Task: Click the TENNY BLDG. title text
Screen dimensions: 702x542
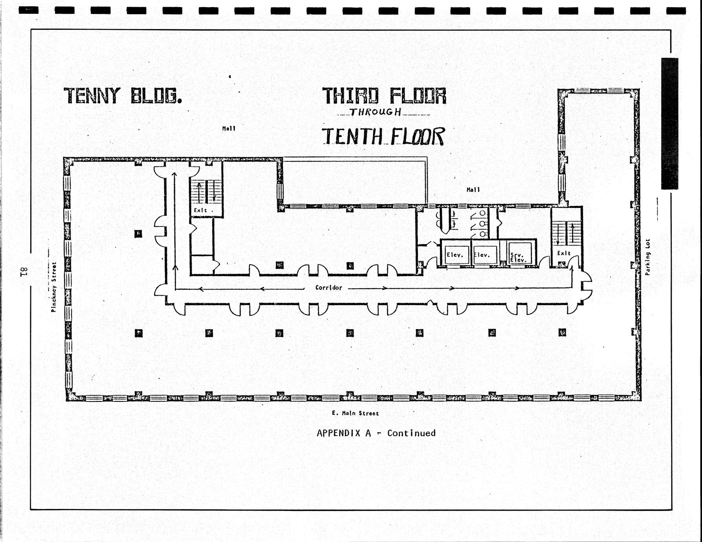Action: point(123,95)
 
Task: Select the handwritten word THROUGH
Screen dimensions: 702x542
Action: point(376,112)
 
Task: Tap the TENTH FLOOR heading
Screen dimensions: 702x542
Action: point(383,136)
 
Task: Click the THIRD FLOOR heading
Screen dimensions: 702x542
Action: point(384,95)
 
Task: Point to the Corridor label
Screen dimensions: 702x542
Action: point(329,287)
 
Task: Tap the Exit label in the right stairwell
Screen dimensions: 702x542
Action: point(564,253)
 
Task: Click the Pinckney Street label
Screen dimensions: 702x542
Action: point(54,287)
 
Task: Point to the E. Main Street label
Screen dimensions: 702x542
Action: point(355,413)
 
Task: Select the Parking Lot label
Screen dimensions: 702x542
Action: point(647,257)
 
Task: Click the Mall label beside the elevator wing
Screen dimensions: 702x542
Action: point(473,190)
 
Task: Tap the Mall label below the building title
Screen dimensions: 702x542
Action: point(229,128)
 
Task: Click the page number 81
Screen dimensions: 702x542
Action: point(22,271)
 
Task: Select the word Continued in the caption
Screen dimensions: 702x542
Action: point(411,433)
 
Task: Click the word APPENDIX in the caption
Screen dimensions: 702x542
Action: point(344,433)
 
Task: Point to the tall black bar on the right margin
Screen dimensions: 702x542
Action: point(669,123)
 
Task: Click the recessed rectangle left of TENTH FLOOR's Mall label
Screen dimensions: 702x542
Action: point(355,181)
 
